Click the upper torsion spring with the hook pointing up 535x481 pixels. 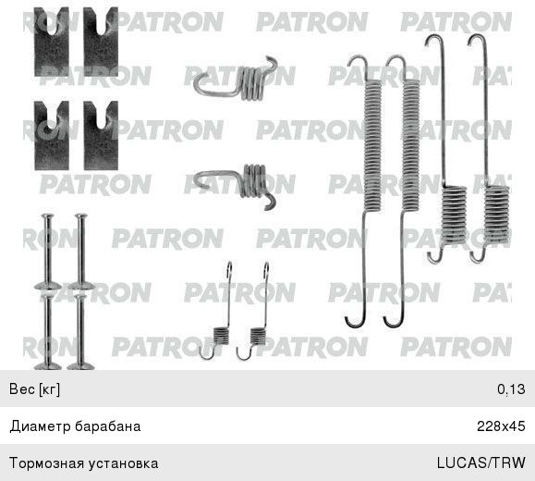pyautogui.click(x=236, y=80)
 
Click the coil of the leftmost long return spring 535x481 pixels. pyautogui.click(x=372, y=145)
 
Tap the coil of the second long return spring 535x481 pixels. pyautogui.click(x=410, y=145)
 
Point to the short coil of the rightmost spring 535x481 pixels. pyautogui.click(x=497, y=215)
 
